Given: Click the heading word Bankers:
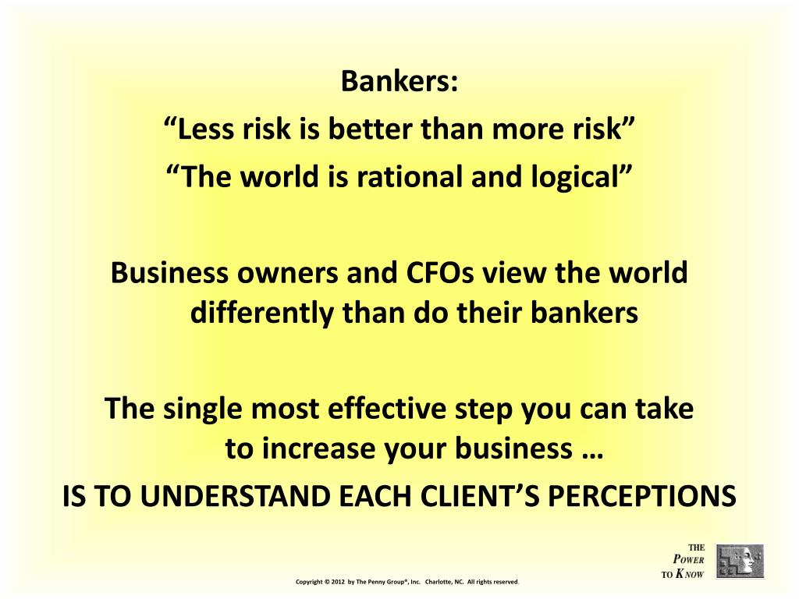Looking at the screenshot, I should [x=399, y=81].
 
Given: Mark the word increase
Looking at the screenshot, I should [x=307, y=449].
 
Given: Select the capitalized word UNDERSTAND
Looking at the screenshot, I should [x=268, y=496].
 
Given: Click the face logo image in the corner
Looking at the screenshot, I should [x=740, y=561].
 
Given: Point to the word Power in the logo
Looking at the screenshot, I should [x=689, y=560].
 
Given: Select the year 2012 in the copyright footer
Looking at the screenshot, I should [x=337, y=582].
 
